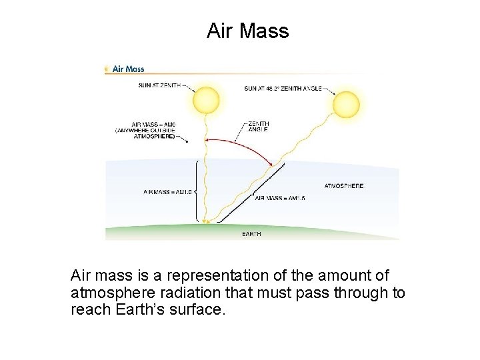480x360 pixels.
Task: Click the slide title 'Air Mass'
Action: click(x=247, y=31)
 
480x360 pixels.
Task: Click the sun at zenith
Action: click(x=205, y=101)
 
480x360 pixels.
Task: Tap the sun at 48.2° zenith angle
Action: click(x=345, y=105)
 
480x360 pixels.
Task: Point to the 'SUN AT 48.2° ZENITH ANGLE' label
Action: click(x=283, y=88)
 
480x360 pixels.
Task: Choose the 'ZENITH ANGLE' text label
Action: click(x=258, y=127)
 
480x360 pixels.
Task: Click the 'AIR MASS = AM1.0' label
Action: click(x=167, y=192)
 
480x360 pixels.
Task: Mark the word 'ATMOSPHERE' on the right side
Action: click(x=343, y=186)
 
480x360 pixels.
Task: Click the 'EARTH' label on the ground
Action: click(x=251, y=234)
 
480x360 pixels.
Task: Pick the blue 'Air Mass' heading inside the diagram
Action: click(x=128, y=69)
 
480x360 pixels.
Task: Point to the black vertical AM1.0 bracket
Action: click(x=197, y=189)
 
